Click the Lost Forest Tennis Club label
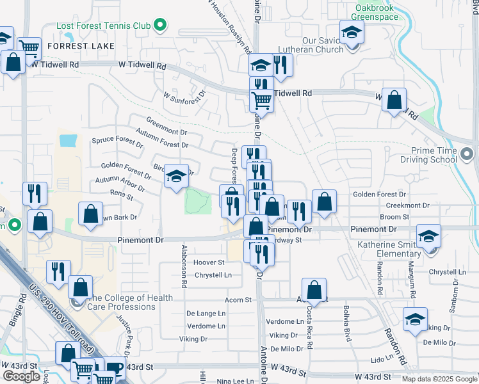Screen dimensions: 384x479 [x=103, y=26]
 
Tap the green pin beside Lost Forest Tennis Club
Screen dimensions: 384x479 [x=160, y=26]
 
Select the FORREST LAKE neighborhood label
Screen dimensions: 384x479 [x=80, y=46]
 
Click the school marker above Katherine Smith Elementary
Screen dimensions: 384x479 [x=428, y=236]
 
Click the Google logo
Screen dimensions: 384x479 [x=21, y=377]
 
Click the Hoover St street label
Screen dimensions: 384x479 [x=209, y=262]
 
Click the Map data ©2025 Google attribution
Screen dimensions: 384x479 [x=439, y=379]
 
